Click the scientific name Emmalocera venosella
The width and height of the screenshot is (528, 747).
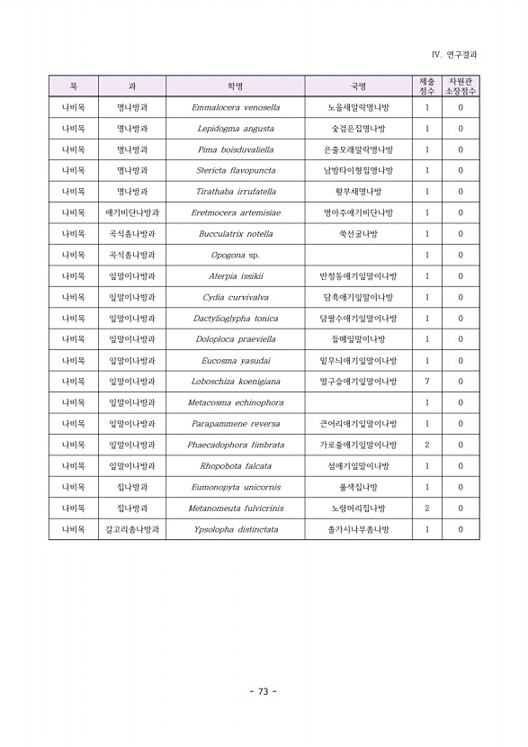(236, 107)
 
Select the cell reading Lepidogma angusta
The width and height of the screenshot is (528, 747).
(236, 129)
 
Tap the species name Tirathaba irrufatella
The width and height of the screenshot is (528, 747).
(236, 192)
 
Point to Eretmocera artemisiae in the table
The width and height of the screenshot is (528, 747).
(236, 213)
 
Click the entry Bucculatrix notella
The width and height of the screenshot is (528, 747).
(236, 234)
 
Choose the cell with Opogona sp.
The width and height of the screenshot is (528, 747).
(236, 256)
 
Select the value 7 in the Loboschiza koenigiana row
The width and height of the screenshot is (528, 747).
(426, 382)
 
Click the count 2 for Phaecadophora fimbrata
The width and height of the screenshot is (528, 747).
(426, 445)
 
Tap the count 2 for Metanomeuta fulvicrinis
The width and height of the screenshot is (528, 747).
(426, 508)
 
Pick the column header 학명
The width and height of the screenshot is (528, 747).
(236, 86)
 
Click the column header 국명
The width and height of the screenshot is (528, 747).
(358, 86)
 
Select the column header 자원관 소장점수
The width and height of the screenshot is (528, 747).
(461, 86)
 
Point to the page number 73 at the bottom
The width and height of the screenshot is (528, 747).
(264, 691)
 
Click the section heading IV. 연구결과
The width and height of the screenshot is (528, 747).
(454, 55)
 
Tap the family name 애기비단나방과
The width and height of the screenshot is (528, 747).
(132, 213)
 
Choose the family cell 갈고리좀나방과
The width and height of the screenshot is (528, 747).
(132, 529)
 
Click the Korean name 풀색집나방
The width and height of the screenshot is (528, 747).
(358, 487)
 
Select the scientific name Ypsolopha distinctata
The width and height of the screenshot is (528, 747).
(236, 529)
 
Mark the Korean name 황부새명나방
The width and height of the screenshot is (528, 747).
(358, 192)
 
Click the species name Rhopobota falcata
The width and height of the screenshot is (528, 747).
(236, 466)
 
